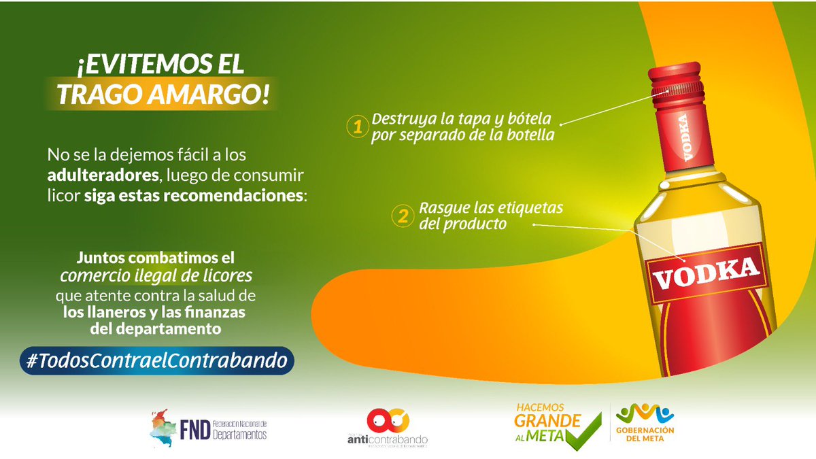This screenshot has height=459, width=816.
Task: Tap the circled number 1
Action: point(356,127)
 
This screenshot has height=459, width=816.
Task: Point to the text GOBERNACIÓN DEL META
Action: point(645,434)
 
